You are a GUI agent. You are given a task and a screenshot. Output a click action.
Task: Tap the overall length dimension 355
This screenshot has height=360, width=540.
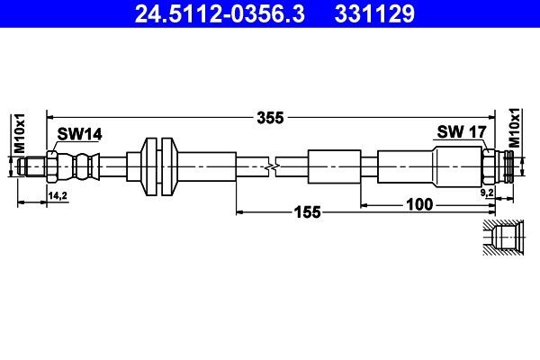(x=269, y=116)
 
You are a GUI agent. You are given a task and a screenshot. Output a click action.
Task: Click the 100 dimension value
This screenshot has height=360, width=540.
(x=419, y=203)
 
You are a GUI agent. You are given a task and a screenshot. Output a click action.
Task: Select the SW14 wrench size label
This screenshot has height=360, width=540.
(x=79, y=134)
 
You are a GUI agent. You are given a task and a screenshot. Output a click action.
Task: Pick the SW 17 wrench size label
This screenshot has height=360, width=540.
(x=461, y=131)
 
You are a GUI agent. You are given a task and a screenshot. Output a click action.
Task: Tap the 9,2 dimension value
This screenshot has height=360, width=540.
(x=487, y=193)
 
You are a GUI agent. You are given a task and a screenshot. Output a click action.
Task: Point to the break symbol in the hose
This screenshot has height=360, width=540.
(x=274, y=166)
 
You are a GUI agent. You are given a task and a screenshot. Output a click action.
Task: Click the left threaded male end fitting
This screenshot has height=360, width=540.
(x=34, y=166)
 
